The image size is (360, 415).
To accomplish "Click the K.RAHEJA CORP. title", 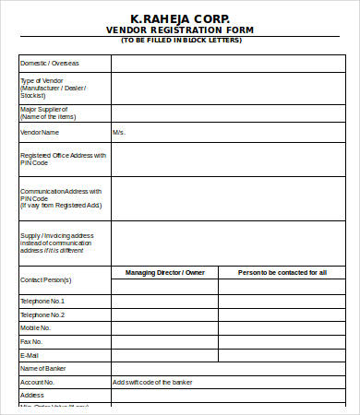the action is pos(180,18).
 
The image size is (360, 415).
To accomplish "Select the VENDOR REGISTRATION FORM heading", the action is pos(180,30).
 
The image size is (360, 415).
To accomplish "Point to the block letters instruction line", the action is pos(180,41).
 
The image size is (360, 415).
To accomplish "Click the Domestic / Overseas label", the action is pos(50,63).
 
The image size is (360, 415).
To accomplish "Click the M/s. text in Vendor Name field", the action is pos(119,133).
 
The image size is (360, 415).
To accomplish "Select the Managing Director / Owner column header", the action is pos(164,273).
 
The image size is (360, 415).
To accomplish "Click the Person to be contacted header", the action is pos(282,273).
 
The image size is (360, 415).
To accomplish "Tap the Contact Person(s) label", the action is pos(45,279).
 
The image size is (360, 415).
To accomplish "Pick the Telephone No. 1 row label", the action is pos(42,302).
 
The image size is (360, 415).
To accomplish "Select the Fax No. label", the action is pos(32,341).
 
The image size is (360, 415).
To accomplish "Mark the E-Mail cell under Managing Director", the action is pos(164,354).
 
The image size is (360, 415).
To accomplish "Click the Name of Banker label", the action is pos(43,368).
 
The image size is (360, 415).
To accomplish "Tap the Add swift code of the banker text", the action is pos(153,381).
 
